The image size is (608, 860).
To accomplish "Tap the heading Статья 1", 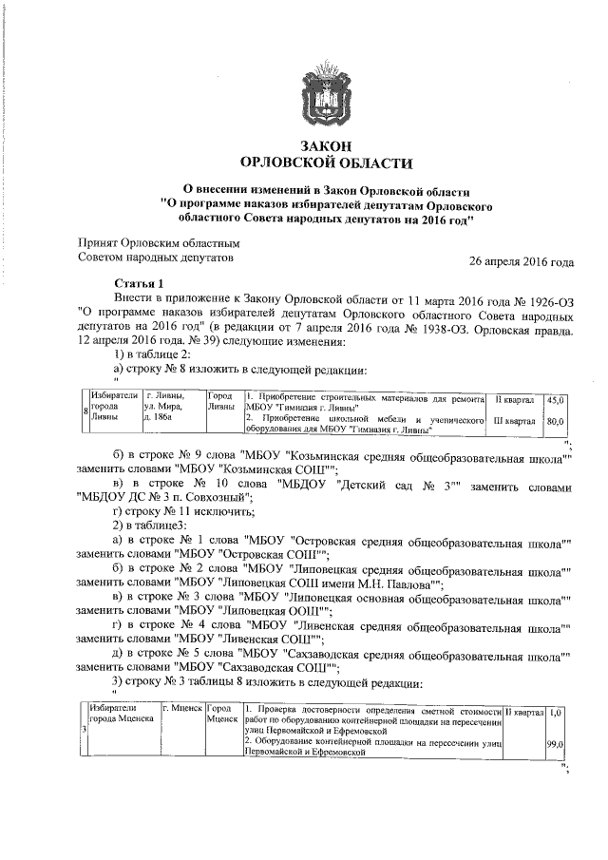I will tap(139, 283).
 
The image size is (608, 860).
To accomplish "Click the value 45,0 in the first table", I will tap(555, 400).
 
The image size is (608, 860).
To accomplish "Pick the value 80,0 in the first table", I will tap(555, 421).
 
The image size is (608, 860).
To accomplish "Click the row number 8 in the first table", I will tap(85, 411).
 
